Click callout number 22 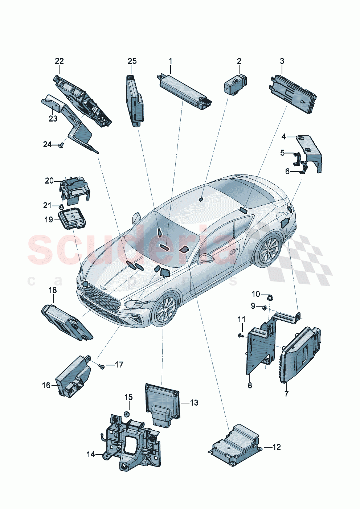pyautogui.click(x=59, y=61)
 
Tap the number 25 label pyautogui.click(x=132, y=61)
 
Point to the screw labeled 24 pyautogui.click(x=61, y=145)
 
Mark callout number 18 pyautogui.click(x=53, y=290)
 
